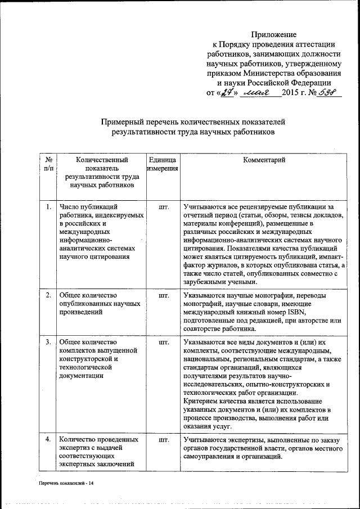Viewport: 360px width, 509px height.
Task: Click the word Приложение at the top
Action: pos(274,35)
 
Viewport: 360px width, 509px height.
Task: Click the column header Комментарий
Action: pos(264,160)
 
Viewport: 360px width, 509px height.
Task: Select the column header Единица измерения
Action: pos(163,164)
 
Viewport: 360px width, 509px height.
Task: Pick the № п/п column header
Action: pos(48,164)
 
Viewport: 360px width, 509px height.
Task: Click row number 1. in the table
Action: pos(49,208)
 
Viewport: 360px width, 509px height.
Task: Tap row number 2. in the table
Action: pos(49,295)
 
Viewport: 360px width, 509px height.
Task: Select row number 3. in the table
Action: pos(49,342)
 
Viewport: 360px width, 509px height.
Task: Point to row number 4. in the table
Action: pos(49,439)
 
